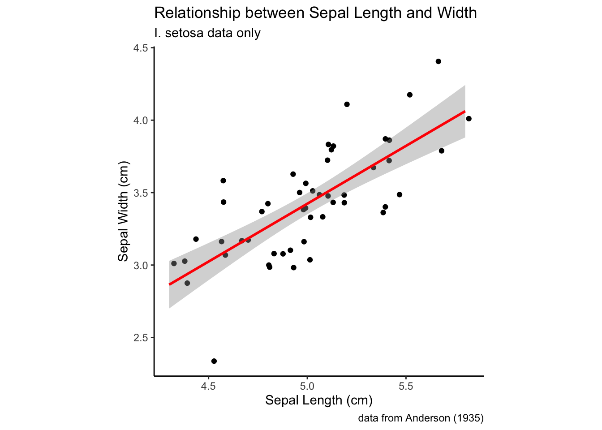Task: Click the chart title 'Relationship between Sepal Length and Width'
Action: coord(315,13)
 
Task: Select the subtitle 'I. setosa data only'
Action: coord(207,33)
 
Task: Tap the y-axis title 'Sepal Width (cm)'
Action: coord(123,211)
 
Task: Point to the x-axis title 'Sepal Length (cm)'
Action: coord(319,400)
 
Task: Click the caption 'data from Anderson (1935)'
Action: coord(421,418)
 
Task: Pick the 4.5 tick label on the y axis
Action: coord(141,48)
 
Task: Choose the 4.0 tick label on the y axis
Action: coord(141,120)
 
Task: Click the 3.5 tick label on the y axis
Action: coord(141,193)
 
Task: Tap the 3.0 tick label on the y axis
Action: coord(141,265)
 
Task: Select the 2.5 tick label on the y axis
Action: coord(141,338)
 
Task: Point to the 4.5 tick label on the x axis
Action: coord(208,386)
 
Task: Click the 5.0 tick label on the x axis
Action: coord(307,386)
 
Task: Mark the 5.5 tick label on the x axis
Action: coord(405,386)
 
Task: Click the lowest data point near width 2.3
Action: coord(214,361)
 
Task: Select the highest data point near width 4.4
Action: coord(439,61)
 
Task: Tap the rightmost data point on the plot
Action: coord(469,119)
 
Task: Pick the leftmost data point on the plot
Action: coord(174,263)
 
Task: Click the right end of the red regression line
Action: coord(464,112)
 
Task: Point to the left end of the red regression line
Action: coord(170,284)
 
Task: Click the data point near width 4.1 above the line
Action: coord(347,104)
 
